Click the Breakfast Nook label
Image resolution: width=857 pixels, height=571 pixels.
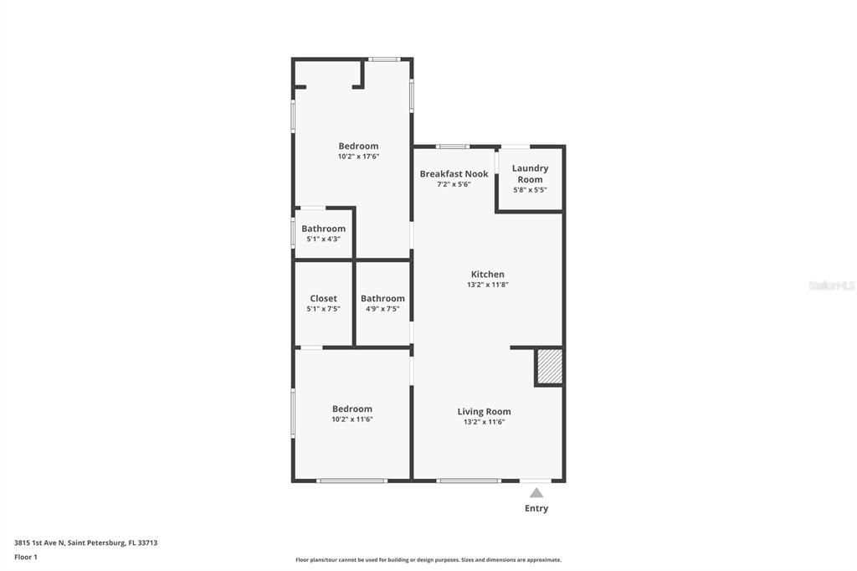[x=454, y=174]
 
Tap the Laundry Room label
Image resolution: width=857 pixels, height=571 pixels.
[x=530, y=173]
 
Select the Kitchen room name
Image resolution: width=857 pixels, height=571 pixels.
[x=488, y=275]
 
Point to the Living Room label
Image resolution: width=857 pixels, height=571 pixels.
[x=484, y=411]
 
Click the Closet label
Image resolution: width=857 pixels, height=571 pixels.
[x=324, y=299]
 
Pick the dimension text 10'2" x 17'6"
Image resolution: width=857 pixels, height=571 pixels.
[x=358, y=157]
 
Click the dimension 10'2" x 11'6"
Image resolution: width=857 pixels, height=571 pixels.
[x=352, y=419]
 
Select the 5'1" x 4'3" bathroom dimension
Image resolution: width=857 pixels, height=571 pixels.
[x=323, y=239]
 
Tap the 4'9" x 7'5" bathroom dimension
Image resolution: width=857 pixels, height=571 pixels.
[x=382, y=309]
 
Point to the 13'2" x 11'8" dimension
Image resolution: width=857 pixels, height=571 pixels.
[x=488, y=285]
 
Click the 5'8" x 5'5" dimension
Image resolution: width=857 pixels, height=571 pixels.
[x=530, y=190]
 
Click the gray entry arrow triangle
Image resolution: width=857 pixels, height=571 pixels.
[x=536, y=492]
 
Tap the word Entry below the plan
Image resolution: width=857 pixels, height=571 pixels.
[x=536, y=508]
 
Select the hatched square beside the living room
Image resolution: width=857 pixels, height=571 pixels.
[x=549, y=367]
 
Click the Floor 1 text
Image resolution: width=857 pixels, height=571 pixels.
[x=26, y=557]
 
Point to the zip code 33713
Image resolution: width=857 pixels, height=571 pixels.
[x=146, y=543]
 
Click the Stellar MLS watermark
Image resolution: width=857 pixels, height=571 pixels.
[x=832, y=285]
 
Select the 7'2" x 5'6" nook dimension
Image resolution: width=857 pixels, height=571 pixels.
[x=454, y=184]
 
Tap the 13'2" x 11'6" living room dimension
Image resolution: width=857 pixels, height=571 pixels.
[x=484, y=422]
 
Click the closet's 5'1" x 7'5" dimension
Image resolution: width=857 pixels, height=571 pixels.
[x=323, y=309]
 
